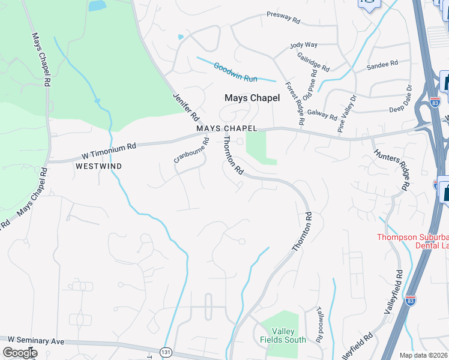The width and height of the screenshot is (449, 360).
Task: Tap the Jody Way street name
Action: tap(303, 45)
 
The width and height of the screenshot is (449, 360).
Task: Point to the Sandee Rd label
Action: tap(382, 64)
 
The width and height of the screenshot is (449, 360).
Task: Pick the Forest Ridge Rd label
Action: tap(295, 104)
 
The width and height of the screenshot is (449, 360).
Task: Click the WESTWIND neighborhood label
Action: tap(99, 166)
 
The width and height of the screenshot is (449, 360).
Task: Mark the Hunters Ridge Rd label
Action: tap(400, 170)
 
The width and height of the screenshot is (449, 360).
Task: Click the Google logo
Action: tap(20, 352)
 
